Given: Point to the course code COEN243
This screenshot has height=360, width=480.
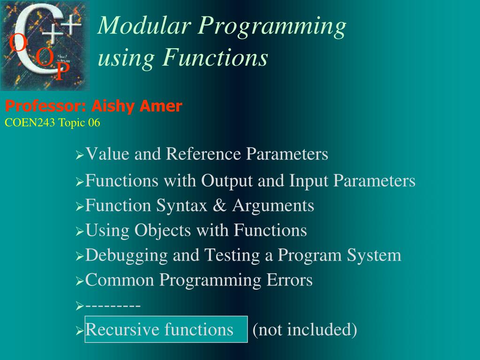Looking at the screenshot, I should click(x=30, y=123).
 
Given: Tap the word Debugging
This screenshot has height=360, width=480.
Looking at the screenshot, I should click(x=127, y=256).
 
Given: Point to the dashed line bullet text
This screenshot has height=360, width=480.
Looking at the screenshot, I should click(x=113, y=306).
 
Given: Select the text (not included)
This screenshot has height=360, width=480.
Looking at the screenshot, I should click(x=305, y=330).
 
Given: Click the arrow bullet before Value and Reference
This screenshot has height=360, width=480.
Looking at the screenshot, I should click(x=79, y=155).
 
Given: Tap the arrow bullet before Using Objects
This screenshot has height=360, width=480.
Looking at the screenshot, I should click(x=79, y=232).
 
